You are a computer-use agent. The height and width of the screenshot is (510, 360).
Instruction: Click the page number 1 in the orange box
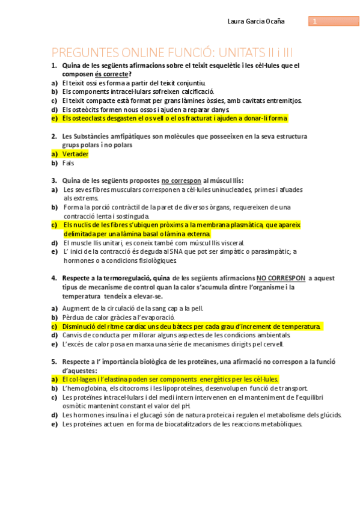[x=314, y=22]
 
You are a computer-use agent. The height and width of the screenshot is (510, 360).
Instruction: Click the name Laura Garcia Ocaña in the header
[x=256, y=22]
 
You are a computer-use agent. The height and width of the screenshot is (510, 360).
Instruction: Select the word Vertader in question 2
[x=76, y=154]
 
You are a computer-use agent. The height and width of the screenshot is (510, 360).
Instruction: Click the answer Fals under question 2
[x=68, y=163]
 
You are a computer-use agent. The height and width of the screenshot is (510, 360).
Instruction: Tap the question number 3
[x=53, y=180]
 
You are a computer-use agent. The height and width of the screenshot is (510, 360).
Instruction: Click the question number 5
[x=53, y=361]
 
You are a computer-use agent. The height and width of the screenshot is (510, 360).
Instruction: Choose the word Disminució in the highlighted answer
[x=81, y=326]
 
